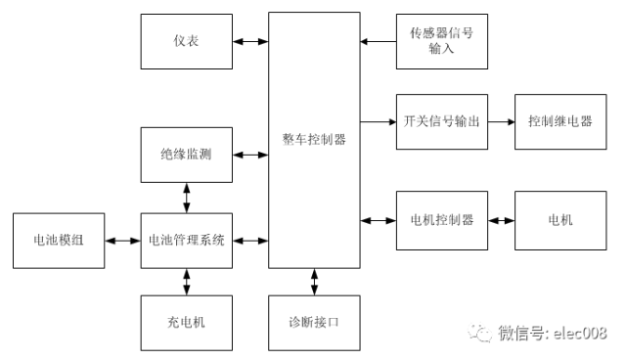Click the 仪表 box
tap(187, 41)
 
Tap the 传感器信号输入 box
tap(441, 41)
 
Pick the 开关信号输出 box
tap(441, 122)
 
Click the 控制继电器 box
tap(559, 122)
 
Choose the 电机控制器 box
tap(441, 220)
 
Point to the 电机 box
tap(559, 220)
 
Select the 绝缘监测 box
tap(187, 155)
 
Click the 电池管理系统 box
tap(187, 240)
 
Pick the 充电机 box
tap(187, 321)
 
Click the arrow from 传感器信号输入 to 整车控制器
tap(378, 41)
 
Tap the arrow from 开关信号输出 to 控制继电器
tap(500, 122)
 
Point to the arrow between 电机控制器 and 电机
tap(500, 220)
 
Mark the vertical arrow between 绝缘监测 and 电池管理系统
tap(187, 197)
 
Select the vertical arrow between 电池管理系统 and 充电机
tap(187, 281)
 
